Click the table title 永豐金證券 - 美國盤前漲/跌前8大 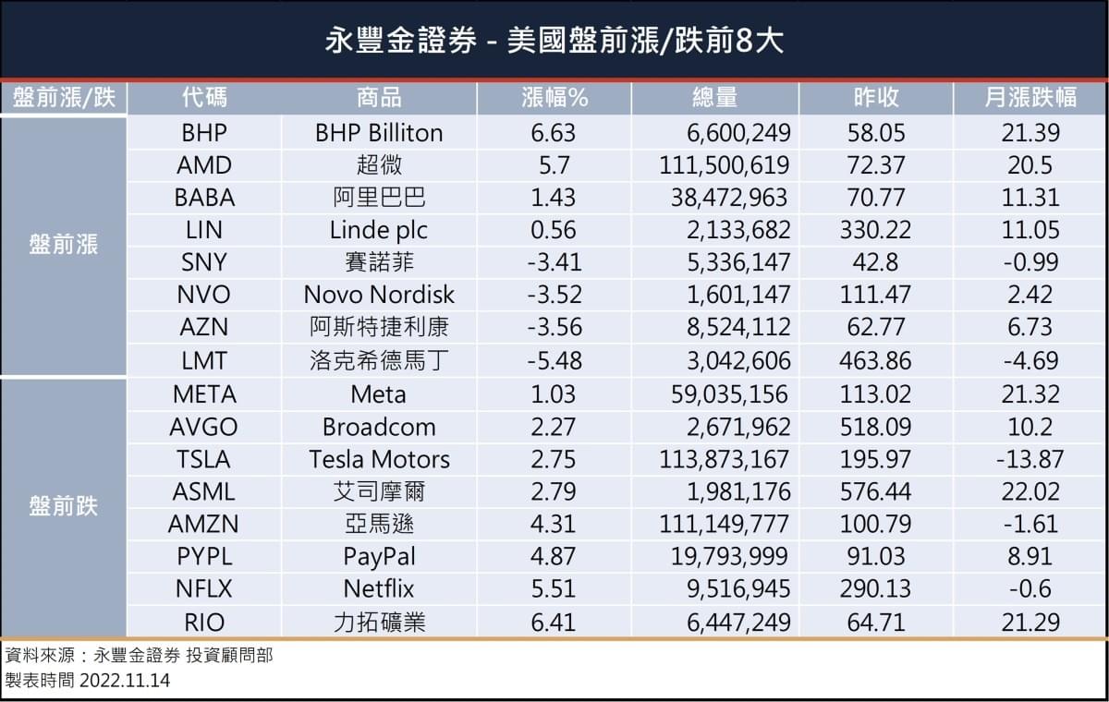(x=554, y=41)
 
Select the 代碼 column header (x=204, y=98)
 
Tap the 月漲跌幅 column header (x=1030, y=98)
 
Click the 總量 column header (x=714, y=98)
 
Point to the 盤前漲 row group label (x=63, y=246)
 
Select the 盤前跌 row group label (x=63, y=507)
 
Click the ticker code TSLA (x=204, y=459)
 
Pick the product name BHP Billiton (x=379, y=133)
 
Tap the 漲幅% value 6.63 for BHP (x=553, y=133)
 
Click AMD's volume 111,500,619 (x=725, y=165)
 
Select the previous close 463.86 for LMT (x=875, y=360)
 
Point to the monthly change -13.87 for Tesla (x=1030, y=459)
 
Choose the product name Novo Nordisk (x=379, y=295)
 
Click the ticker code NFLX (x=204, y=588)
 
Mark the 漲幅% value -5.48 (x=553, y=360)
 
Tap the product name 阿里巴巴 (x=379, y=198)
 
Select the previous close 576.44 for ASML (x=875, y=491)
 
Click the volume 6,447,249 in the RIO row (x=737, y=623)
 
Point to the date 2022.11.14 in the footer (x=125, y=681)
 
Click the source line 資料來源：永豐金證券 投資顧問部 (x=139, y=656)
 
